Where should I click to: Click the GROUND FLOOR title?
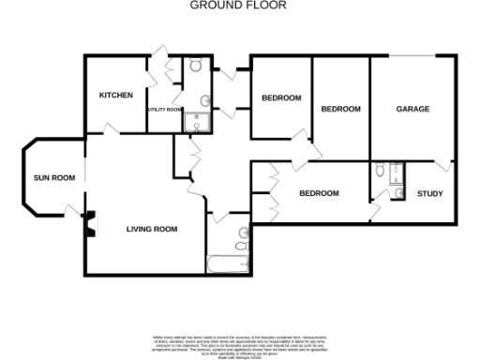click(x=239, y=6)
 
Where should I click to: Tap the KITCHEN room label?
click(x=116, y=96)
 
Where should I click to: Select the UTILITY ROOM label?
click(x=163, y=110)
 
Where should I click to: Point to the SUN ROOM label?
click(x=54, y=177)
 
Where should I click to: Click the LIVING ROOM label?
click(x=153, y=229)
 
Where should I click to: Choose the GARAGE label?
click(x=412, y=109)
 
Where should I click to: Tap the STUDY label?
click(x=430, y=194)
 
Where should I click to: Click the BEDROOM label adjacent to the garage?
click(x=340, y=109)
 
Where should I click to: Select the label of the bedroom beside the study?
click(x=319, y=193)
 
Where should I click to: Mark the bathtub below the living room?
click(x=226, y=263)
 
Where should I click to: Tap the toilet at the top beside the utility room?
click(x=195, y=66)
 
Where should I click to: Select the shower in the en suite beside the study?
click(x=396, y=172)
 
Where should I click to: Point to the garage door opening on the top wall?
click(x=412, y=56)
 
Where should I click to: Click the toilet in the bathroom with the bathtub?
click(x=245, y=240)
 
